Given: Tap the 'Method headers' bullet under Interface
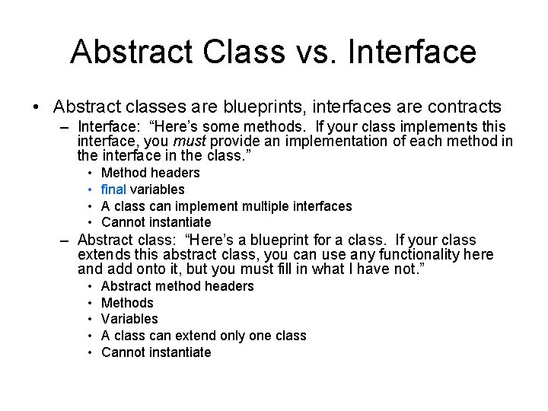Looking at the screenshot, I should tap(150, 173).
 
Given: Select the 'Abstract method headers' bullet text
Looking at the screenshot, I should tap(177, 286).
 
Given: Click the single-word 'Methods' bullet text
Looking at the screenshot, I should tap(127, 303).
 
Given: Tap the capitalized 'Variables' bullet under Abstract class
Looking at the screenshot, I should tap(129, 319).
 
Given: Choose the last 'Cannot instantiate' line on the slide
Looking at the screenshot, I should tap(155, 352).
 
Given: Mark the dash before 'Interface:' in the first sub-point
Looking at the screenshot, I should tap(66, 126).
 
